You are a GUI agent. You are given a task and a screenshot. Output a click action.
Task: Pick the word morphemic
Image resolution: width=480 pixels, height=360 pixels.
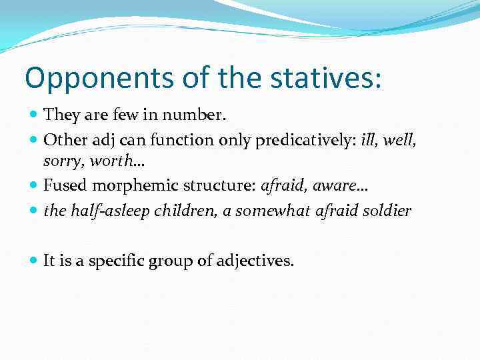tap(126, 187)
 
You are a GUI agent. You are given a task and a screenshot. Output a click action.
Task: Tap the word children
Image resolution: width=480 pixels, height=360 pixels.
tap(179, 211)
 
